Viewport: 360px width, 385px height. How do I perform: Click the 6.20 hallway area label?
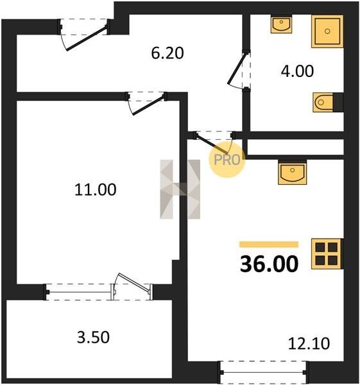167,53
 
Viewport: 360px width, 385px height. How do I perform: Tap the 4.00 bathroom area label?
297,71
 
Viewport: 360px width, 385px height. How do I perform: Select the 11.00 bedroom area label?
95,190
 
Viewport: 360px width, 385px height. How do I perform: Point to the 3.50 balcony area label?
93,337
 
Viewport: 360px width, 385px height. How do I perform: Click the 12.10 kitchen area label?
309,343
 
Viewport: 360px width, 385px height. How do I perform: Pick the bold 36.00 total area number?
269,264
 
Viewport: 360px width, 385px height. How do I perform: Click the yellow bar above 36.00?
269,244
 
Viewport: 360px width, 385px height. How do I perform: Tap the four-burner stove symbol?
327,253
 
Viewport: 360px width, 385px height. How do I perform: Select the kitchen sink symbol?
292,173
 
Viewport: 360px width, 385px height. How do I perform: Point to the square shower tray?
327,31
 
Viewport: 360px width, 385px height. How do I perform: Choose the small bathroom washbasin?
281,24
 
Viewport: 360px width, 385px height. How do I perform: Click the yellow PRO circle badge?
227,160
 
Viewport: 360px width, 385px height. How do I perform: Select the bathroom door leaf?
237,69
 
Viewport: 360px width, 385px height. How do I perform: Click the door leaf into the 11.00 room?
148,106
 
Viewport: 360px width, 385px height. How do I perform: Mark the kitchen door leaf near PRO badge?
212,144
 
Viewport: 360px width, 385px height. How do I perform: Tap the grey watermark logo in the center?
180,189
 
